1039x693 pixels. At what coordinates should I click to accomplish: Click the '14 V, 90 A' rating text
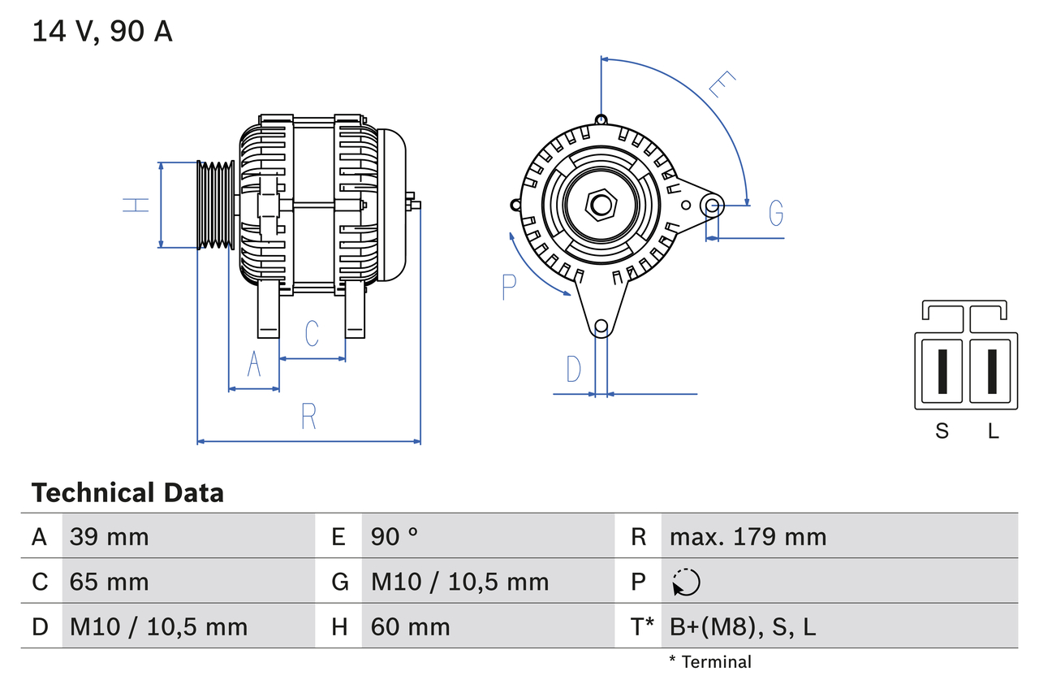102,32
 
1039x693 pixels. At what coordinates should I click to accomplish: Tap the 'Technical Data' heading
127,492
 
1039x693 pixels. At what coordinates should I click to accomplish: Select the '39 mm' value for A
109,536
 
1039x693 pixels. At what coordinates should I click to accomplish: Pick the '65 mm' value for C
109,582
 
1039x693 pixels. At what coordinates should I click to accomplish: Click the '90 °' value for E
394,536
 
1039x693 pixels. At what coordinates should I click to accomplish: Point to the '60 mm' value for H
410,626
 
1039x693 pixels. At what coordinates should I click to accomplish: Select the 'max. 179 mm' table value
748,536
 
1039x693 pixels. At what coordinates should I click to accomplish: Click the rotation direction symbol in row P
686,582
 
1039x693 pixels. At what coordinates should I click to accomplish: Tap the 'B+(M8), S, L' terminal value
742,626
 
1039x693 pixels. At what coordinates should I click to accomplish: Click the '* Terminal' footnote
710,662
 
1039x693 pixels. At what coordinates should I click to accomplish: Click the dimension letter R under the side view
308,416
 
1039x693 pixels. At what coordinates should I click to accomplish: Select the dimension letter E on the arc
722,84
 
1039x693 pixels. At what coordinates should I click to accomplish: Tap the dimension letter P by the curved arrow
509,287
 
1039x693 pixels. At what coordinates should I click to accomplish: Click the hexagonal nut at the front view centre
601,205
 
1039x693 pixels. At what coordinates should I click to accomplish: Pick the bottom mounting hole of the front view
601,327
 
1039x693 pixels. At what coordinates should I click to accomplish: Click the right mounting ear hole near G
712,205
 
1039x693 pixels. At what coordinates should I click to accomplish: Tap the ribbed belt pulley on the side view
215,205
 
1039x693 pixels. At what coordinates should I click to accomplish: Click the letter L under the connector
993,431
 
